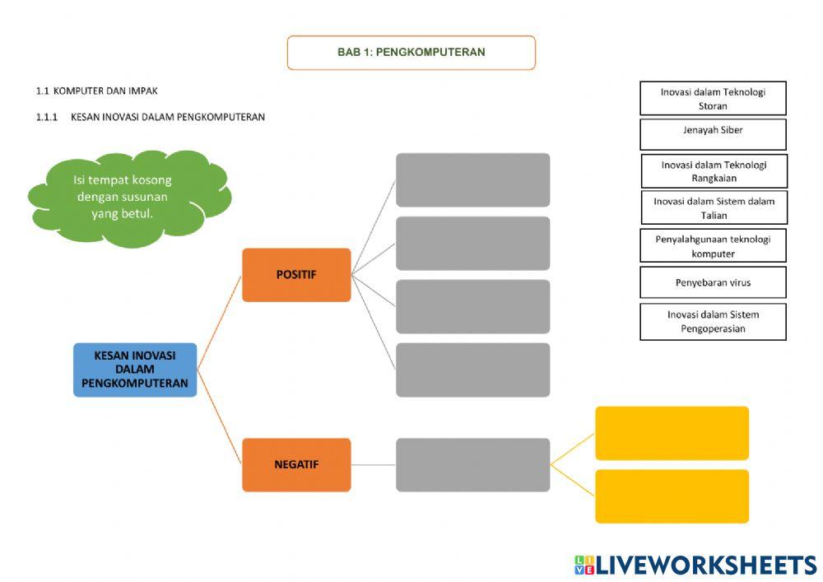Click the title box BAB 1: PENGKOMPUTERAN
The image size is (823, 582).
coord(411,53)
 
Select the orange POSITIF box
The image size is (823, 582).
coord(296,275)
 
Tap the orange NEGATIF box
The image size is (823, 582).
coord(296,464)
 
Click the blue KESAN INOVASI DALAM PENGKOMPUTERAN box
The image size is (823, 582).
coord(135,370)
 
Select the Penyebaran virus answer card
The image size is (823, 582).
coord(713,282)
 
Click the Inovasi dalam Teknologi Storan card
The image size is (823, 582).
coord(713,98)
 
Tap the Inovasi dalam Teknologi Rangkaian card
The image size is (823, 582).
coord(714,171)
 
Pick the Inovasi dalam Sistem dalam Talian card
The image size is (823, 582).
coord(714,207)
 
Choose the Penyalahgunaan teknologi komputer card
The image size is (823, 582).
coord(713,245)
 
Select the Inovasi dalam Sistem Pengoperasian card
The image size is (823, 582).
coord(713,322)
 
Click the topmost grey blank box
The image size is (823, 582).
coord(472,179)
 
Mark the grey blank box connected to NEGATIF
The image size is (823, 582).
coord(472,464)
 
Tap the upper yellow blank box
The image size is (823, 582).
coord(672,433)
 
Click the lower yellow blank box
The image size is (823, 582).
coord(672,496)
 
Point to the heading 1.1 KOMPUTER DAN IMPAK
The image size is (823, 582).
coord(96,91)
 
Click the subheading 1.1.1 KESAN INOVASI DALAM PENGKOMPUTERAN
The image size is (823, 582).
coord(150,117)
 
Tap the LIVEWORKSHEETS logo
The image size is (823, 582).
coord(695,565)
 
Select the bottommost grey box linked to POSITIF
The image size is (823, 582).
coord(472,370)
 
